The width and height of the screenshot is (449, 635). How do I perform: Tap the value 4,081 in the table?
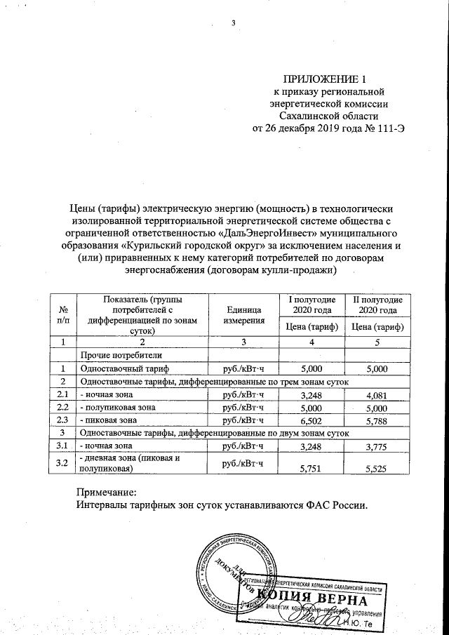point(375,394)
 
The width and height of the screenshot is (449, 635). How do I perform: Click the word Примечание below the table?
point(104,493)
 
